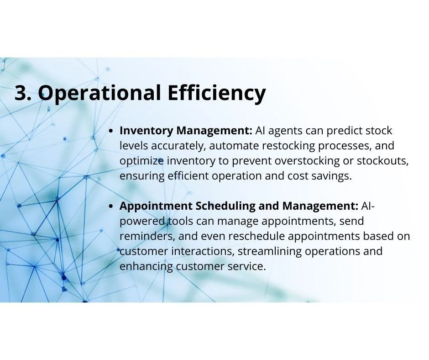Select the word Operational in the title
pyautogui.click(x=99, y=94)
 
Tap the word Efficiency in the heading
pyautogui.click(x=216, y=94)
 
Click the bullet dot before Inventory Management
pyautogui.click(x=111, y=131)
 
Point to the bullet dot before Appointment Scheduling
pyautogui.click(x=111, y=206)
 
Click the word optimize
pyautogui.click(x=142, y=161)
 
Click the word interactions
pyautogui.click(x=203, y=251)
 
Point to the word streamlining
pyautogui.click(x=269, y=251)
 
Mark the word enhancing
pyautogui.click(x=146, y=266)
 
